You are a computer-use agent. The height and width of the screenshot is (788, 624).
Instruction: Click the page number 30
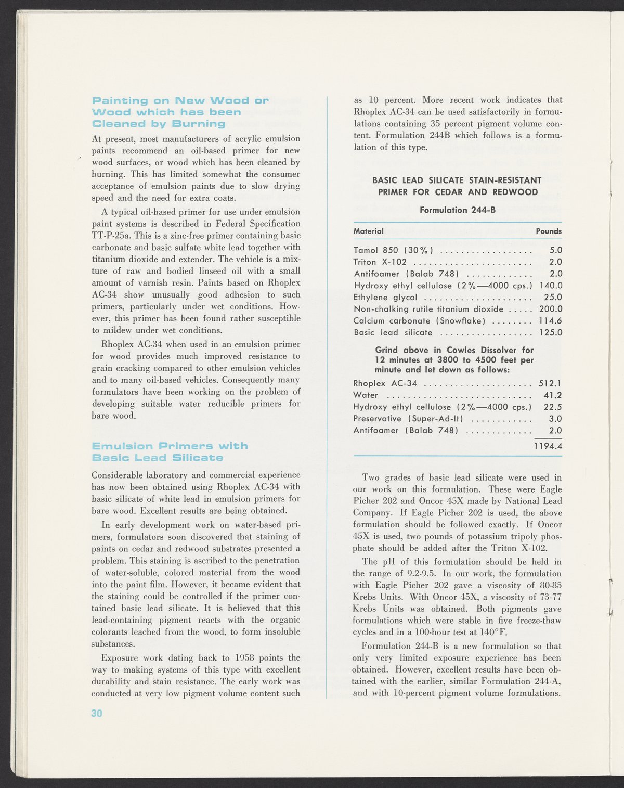pos(97,713)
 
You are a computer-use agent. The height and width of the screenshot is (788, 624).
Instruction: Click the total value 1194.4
pos(548,446)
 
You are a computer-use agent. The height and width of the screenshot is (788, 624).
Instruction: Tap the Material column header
pos(368,231)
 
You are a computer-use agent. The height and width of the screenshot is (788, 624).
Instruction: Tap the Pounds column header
pos(549,231)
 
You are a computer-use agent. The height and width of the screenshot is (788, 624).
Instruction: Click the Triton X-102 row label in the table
pos(380,262)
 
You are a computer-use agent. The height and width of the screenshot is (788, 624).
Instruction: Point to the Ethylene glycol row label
pos(385,298)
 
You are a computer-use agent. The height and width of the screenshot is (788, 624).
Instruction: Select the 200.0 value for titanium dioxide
pos(550,309)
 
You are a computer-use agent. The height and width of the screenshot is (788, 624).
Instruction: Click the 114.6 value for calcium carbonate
pos(550,321)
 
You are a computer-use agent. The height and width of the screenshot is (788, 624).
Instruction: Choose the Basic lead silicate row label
pos(393,333)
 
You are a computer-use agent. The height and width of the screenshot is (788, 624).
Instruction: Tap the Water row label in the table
pos(366,395)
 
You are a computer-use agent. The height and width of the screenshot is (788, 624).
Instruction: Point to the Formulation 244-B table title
pos(457,210)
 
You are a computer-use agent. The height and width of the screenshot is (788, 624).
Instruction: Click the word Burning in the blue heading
pos(200,124)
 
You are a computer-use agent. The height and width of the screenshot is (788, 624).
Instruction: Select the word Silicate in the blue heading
pos(198,458)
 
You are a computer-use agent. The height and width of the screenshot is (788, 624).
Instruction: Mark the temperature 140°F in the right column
pos(491,632)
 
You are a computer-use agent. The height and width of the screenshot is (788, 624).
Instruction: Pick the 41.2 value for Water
pos(552,395)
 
